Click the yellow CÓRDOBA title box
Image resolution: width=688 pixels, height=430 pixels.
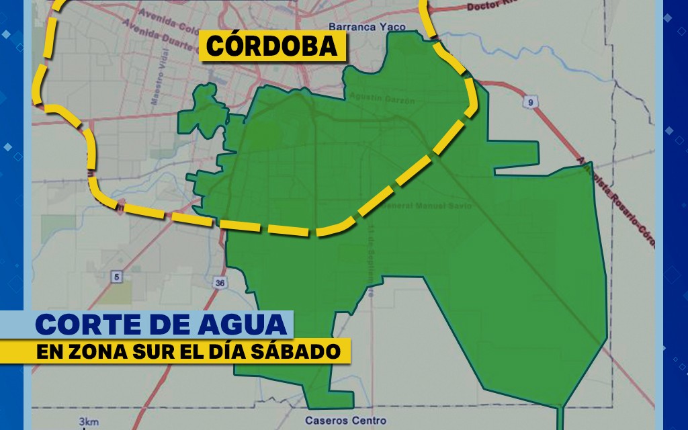pos(271,46)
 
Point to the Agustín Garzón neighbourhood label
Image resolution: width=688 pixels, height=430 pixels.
pos(382,99)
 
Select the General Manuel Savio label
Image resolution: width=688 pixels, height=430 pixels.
pos(425,205)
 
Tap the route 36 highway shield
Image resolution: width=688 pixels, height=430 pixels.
pos(220,283)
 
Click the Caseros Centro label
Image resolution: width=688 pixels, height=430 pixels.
pos(346,421)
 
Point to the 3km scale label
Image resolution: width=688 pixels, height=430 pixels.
pos(88,421)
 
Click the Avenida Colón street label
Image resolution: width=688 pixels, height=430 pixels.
pos(165,16)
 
